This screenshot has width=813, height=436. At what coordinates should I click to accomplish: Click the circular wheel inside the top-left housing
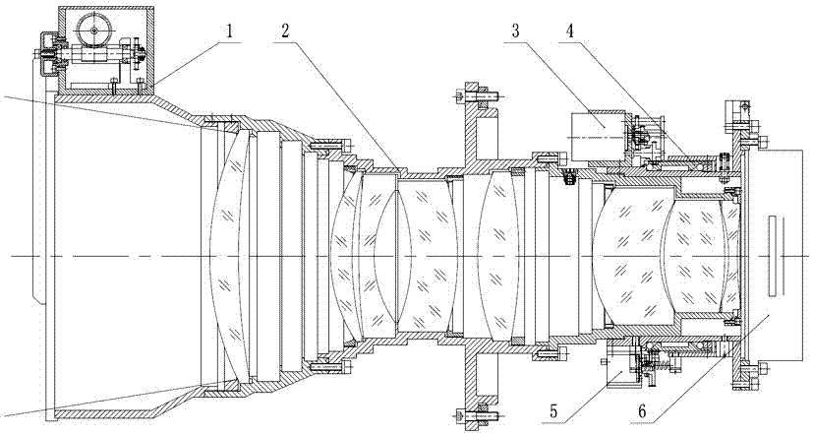tap(94, 31)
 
